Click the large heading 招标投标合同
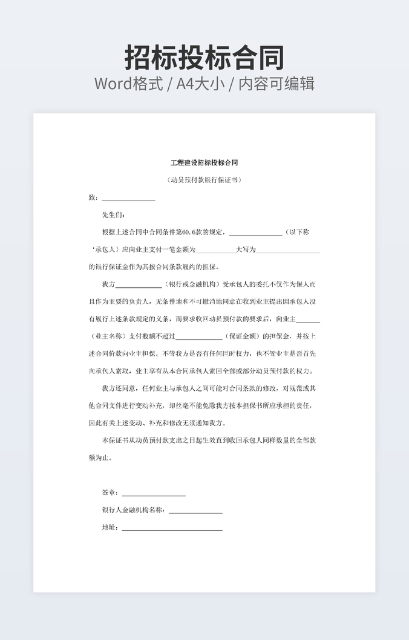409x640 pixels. tap(204, 58)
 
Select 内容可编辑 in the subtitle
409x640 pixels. tap(276, 84)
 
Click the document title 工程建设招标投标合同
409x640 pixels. tap(204, 163)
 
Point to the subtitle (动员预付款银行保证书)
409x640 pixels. tap(204, 180)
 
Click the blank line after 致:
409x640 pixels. tap(128, 198)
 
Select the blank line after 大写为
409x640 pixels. tap(289, 250)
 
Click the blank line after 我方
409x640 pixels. tap(139, 284)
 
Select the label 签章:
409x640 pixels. tap(110, 493)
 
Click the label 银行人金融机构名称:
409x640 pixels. tap(134, 510)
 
